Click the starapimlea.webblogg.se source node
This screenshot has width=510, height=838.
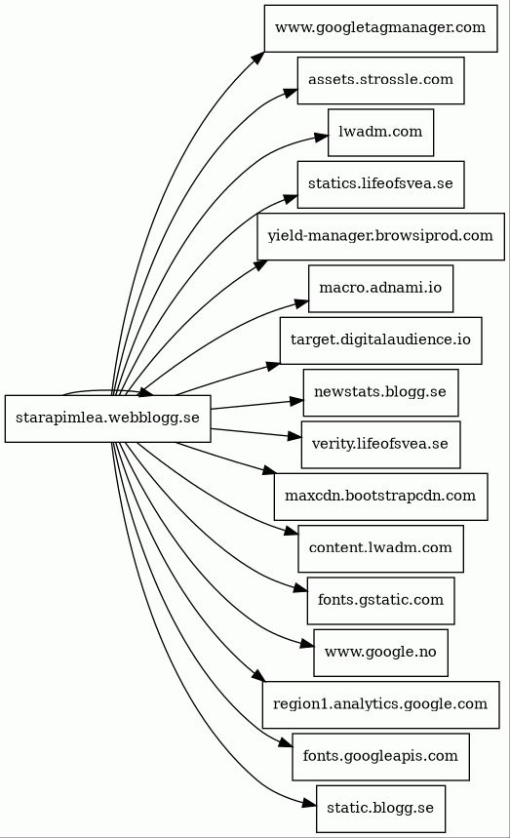click(108, 419)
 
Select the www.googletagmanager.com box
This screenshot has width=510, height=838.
click(380, 28)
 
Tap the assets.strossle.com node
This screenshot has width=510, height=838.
click(380, 80)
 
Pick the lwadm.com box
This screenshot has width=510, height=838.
click(380, 133)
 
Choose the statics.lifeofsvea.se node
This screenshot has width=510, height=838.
click(380, 184)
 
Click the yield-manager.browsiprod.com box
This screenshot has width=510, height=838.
click(380, 237)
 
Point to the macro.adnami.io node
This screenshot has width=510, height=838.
click(380, 289)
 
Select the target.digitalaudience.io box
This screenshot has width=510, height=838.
click(380, 340)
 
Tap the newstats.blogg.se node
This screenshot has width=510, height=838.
click(380, 393)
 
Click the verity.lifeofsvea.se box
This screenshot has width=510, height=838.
click(380, 445)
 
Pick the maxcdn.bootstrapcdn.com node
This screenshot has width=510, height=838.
click(380, 497)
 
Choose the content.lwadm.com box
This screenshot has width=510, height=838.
click(380, 549)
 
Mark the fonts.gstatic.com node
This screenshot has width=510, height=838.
click(380, 601)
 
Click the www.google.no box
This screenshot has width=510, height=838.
click(380, 653)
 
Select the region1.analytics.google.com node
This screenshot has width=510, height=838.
click(380, 704)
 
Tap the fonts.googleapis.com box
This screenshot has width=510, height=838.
click(380, 757)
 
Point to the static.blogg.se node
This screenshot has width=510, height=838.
click(380, 809)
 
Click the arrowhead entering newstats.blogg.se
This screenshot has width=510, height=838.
click(296, 401)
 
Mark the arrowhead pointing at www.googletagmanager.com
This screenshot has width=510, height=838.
click(258, 58)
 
